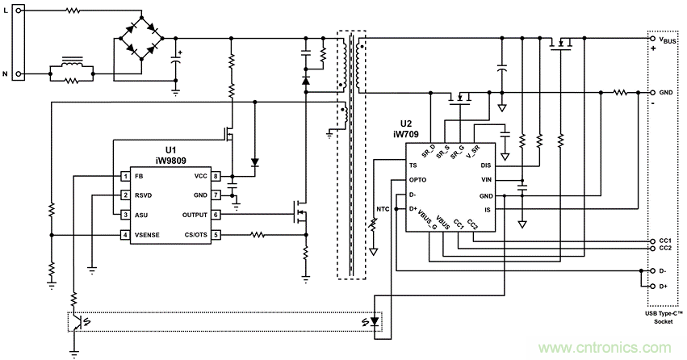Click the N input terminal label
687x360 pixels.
coord(6,73)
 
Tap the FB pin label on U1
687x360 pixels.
coord(139,175)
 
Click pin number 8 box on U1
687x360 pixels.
coord(216,175)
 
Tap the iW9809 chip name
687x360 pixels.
coord(171,160)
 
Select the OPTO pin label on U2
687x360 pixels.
coord(418,180)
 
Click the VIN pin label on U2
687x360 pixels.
coord(486,180)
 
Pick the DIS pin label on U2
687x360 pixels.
coord(486,165)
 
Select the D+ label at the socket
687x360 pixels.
coord(664,286)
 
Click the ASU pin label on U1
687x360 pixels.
coord(141,215)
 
